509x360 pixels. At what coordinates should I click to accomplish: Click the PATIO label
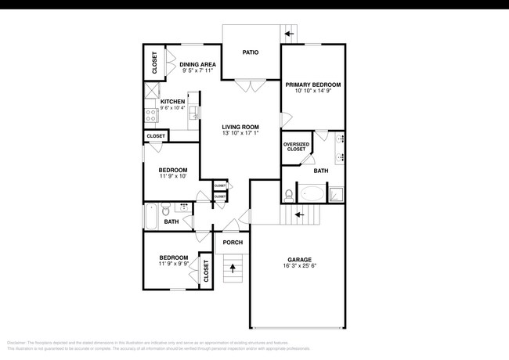[251, 53]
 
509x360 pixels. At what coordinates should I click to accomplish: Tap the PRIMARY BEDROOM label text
[312, 84]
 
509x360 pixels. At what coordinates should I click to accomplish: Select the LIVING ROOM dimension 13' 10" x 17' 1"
[240, 133]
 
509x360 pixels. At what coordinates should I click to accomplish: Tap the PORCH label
[233, 243]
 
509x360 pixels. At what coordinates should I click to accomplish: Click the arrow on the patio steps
[290, 34]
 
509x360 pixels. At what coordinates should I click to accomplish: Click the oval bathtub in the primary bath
[312, 192]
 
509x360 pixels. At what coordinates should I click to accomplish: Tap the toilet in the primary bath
[288, 193]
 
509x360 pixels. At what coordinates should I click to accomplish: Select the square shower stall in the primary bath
[335, 193]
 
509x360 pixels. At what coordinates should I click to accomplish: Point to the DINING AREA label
[197, 65]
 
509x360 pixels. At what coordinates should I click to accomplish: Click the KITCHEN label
[172, 102]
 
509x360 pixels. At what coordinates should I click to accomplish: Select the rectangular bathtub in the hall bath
[150, 217]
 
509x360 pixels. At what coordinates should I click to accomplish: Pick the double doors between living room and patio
[251, 83]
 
